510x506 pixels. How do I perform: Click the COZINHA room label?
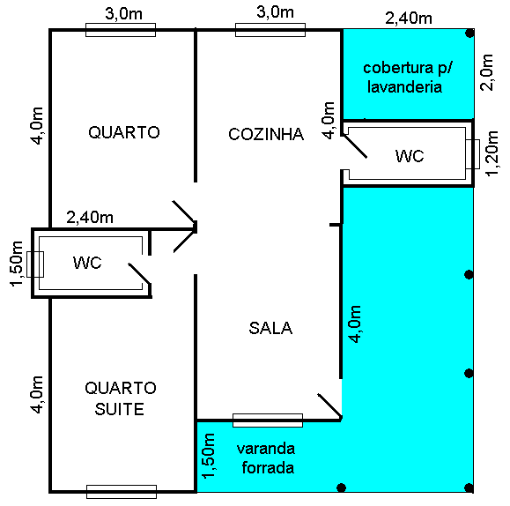pyautogui.click(x=265, y=135)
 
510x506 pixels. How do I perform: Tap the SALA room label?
pyautogui.click(x=270, y=328)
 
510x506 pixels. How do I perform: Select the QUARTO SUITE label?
pyautogui.click(x=121, y=399)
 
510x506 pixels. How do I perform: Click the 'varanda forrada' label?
pyautogui.click(x=265, y=458)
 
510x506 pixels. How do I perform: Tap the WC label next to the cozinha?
pyautogui.click(x=410, y=156)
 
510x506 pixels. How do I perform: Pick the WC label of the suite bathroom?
pyautogui.click(x=88, y=263)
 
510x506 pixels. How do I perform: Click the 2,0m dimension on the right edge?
pyautogui.click(x=487, y=72)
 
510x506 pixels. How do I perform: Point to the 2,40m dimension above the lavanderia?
pyautogui.click(x=410, y=17)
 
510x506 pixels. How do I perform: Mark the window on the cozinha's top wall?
pyautogui.click(x=270, y=30)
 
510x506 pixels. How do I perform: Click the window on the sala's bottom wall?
pyautogui.click(x=267, y=420)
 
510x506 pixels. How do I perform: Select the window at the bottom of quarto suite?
pyautogui.click(x=121, y=491)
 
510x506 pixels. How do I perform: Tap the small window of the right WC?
pyautogui.click(x=473, y=155)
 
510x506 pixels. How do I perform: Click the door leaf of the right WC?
pyautogui.click(x=357, y=145)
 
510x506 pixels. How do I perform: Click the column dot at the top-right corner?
pyautogui.click(x=470, y=33)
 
